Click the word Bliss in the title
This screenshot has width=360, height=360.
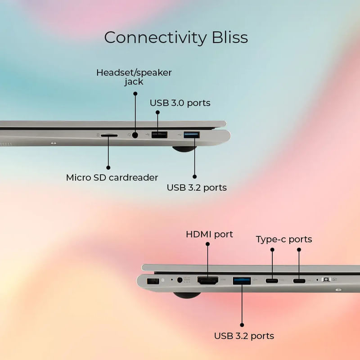tap(230, 37)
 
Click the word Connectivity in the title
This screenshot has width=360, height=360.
tap(156, 38)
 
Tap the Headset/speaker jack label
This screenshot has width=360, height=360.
tap(134, 77)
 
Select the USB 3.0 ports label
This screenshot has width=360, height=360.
tap(180, 103)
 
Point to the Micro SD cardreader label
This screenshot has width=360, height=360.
tap(112, 177)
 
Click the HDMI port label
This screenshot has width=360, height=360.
tap(209, 234)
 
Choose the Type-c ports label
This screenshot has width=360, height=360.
tap(284, 239)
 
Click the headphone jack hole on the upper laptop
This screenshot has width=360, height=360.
tap(135, 135)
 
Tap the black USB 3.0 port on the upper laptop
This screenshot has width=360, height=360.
tap(159, 135)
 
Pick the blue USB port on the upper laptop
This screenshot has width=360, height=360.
tap(192, 135)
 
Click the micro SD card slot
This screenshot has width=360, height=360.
tap(109, 136)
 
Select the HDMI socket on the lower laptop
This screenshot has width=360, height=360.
tap(208, 280)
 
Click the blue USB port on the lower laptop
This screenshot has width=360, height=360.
tap(242, 281)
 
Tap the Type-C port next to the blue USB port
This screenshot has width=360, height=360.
tap(272, 280)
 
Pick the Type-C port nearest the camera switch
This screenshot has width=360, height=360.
tap(299, 280)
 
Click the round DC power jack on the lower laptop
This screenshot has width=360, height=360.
tap(180, 280)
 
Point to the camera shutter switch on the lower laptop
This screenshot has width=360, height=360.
tap(326, 279)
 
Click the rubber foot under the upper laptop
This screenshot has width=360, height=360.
tap(184, 149)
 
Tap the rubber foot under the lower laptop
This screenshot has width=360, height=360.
tap(187, 295)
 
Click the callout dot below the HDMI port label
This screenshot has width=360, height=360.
tap(207, 244)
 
